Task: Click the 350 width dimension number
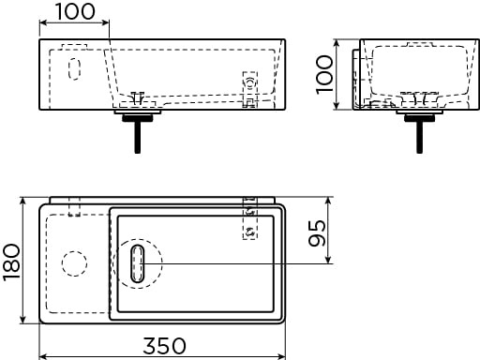pyautogui.click(x=164, y=346)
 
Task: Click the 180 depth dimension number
pyautogui.click(x=12, y=262)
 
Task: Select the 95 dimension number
pyautogui.click(x=317, y=233)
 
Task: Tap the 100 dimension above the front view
pyautogui.click(x=75, y=11)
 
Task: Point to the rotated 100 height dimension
pyautogui.click(x=324, y=74)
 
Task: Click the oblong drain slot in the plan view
pyautogui.click(x=138, y=263)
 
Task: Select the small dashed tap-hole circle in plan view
pyautogui.click(x=74, y=263)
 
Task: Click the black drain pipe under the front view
pyautogui.click(x=138, y=133)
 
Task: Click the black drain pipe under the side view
pyautogui.click(x=419, y=133)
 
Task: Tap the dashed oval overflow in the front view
pyautogui.click(x=74, y=68)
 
